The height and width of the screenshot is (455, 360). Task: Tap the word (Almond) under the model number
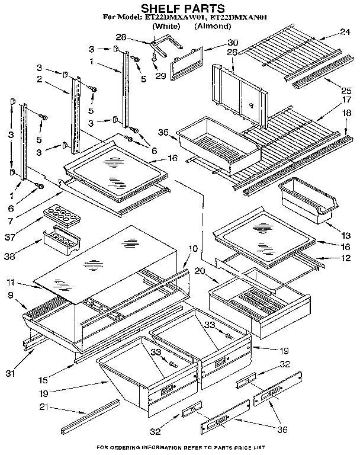coord(213,27)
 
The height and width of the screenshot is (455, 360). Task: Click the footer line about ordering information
coord(181,448)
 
